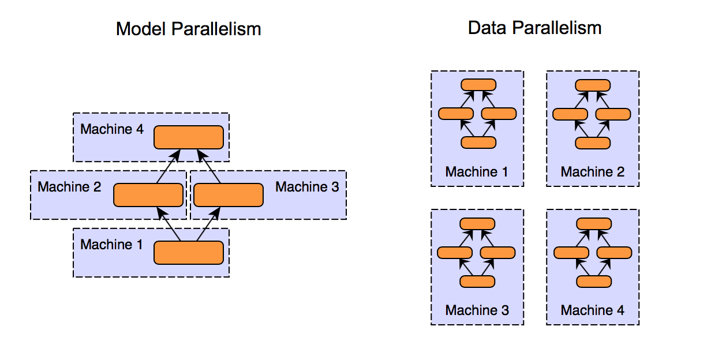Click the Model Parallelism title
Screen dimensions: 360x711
[188, 29]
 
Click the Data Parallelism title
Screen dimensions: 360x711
[534, 27]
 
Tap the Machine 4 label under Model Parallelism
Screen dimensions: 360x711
[112, 129]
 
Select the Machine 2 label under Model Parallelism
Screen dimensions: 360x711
[69, 187]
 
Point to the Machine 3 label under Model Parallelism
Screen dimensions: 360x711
[307, 187]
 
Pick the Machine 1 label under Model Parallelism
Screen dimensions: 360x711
[111, 245]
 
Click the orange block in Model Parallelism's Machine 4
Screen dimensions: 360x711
[188, 137]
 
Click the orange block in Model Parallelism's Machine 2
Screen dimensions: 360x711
[148, 195]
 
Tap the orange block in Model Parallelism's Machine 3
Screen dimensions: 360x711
[229, 195]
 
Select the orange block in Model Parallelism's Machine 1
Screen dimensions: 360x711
[188, 253]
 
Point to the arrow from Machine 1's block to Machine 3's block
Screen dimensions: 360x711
[208, 224]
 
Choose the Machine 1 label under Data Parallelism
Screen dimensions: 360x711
[477, 172]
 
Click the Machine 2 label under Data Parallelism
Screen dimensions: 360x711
[592, 172]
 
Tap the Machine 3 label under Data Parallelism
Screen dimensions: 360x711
[477, 310]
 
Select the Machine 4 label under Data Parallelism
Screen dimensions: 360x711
[592, 310]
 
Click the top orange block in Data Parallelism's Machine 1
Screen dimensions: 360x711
[478, 85]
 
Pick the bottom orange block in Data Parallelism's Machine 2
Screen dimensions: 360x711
[593, 142]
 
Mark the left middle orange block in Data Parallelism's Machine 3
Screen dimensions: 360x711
[455, 252]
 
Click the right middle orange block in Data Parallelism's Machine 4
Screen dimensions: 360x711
[614, 252]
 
